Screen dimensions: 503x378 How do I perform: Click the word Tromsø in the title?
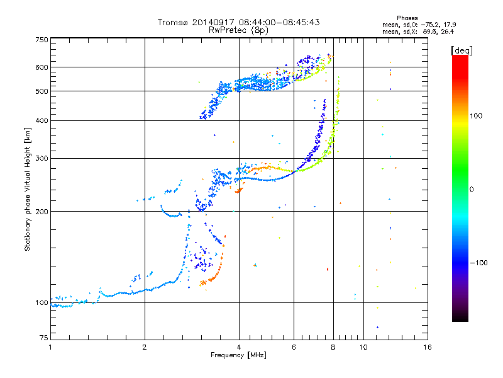tap(173, 22)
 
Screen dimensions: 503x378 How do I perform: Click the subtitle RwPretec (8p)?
tap(238, 30)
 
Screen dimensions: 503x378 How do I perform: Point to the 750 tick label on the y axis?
tap(41, 40)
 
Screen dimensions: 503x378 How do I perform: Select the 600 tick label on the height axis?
tap(41, 67)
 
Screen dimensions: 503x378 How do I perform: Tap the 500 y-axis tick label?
tap(41, 91)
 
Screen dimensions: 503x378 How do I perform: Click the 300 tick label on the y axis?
tap(41, 158)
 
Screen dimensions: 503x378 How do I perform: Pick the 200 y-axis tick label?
tap(41, 212)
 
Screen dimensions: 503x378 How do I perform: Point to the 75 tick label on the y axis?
tap(44, 338)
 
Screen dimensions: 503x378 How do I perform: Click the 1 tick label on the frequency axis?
tap(50, 347)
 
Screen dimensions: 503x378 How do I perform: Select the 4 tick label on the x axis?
tap(239, 347)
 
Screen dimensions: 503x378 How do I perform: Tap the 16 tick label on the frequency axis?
tap(428, 347)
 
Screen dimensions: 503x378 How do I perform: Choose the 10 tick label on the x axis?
tap(363, 347)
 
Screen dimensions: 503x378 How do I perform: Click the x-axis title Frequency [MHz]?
tap(238, 355)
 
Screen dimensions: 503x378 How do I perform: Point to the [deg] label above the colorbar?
tap(462, 50)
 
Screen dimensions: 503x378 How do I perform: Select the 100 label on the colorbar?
tap(476, 116)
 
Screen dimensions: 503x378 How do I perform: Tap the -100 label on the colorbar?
tap(478, 263)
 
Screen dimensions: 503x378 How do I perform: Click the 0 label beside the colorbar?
tap(472, 190)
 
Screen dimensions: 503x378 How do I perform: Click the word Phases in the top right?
tap(407, 18)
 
